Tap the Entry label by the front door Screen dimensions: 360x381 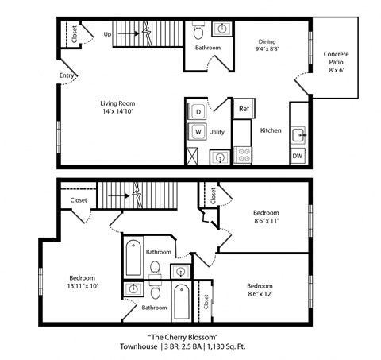[67, 76]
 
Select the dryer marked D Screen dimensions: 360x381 [197, 110]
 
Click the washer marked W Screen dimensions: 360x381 [197, 132]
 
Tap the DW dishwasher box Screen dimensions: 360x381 [297, 155]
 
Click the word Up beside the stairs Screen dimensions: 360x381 [107, 34]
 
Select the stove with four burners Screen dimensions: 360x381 [243, 153]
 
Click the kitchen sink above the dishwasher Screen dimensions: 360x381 [298, 134]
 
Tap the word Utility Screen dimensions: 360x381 [217, 132]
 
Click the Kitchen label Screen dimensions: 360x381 [271, 130]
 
